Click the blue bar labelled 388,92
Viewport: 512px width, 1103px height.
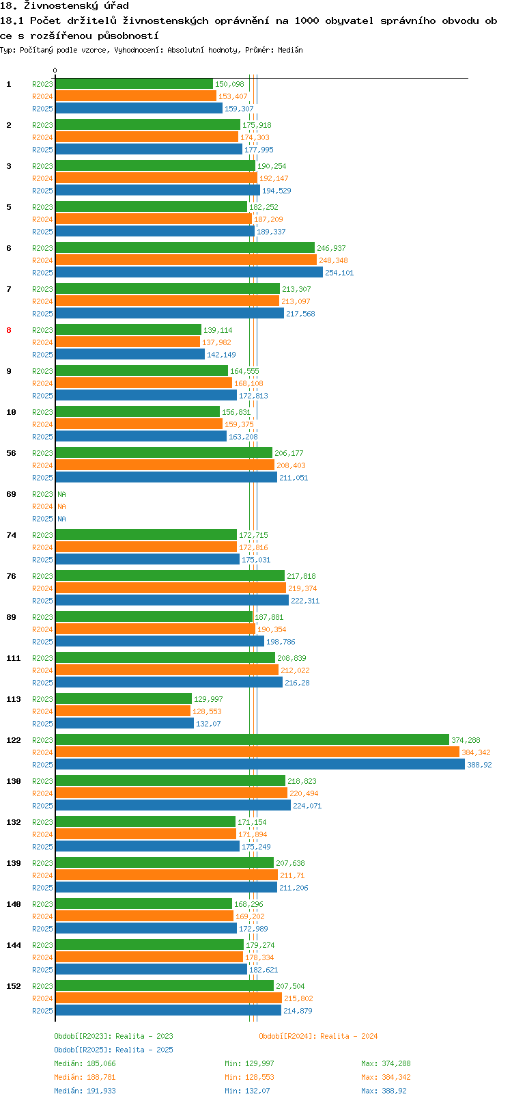[x=260, y=764]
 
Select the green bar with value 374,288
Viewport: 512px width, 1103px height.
[x=253, y=739]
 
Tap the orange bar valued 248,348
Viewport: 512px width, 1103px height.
[x=186, y=260]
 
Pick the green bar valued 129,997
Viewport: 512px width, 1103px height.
[x=124, y=698]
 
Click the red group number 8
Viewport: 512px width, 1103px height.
[x=9, y=330]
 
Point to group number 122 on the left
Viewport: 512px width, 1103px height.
[x=14, y=740]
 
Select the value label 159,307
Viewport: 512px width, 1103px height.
[x=239, y=109]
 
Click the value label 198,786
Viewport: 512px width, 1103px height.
[x=281, y=642]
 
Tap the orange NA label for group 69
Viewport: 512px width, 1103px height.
[x=61, y=506]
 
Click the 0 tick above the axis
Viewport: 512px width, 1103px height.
[x=55, y=70]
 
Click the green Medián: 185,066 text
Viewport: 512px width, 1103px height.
[x=85, y=1063]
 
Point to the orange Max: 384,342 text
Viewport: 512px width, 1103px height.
[x=386, y=1078]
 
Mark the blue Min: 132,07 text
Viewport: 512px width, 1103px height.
[x=247, y=1091]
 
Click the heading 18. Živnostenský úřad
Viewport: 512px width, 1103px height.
[x=64, y=6]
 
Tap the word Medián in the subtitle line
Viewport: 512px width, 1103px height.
[x=290, y=50]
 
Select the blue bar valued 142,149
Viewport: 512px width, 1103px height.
[x=130, y=354]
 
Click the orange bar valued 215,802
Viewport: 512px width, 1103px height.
[x=169, y=998]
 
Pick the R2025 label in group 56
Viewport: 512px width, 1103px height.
[x=42, y=478]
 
